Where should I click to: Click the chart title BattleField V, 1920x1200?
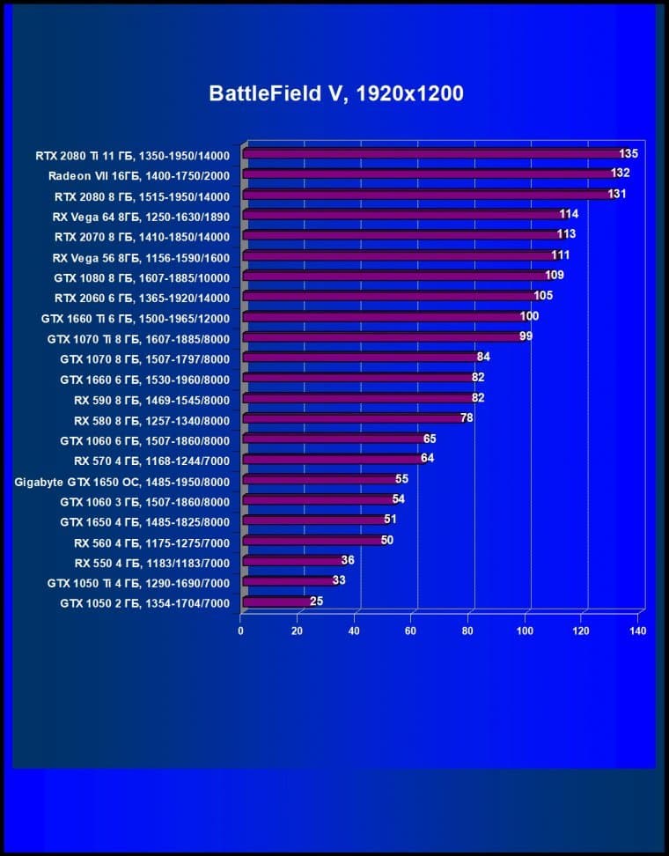coord(335,93)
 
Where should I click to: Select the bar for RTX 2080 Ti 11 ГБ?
coord(431,154)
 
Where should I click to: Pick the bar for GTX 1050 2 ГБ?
coord(276,602)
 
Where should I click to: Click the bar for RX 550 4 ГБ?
coord(291,561)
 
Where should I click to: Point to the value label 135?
coord(628,153)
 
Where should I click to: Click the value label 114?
coord(569,214)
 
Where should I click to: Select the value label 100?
coord(529,316)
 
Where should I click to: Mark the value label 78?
coord(467,417)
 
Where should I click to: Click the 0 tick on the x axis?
coord(240,631)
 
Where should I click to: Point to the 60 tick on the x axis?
coord(411,631)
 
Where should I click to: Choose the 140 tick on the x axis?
coord(638,631)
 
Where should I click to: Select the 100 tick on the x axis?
coord(525,631)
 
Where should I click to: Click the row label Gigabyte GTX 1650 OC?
coord(122,481)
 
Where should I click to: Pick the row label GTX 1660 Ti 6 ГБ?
coord(136,318)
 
